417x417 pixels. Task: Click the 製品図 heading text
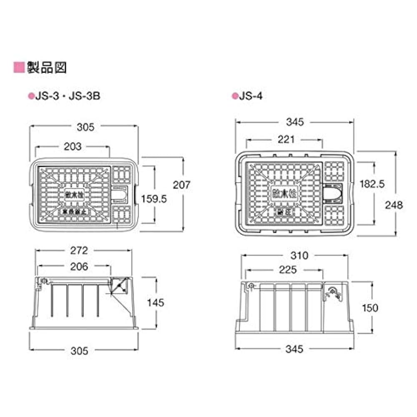tap(46, 67)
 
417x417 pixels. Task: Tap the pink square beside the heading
tap(19, 67)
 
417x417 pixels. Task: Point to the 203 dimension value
tap(73, 147)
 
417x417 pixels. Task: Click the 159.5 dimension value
tap(154, 199)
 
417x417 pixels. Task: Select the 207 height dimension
tap(181, 184)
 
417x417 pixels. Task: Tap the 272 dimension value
tap(79, 250)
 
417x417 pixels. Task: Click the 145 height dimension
tap(155, 302)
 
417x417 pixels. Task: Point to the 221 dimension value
tap(286, 139)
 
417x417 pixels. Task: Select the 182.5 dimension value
tap(372, 184)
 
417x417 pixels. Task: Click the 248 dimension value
tap(394, 205)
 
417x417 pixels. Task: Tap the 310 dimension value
tap(299, 255)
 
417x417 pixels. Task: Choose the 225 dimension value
tap(288, 270)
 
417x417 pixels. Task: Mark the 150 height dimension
tap(369, 308)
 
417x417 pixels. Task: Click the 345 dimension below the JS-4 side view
tap(294, 349)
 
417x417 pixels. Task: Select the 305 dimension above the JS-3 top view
tap(85, 127)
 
